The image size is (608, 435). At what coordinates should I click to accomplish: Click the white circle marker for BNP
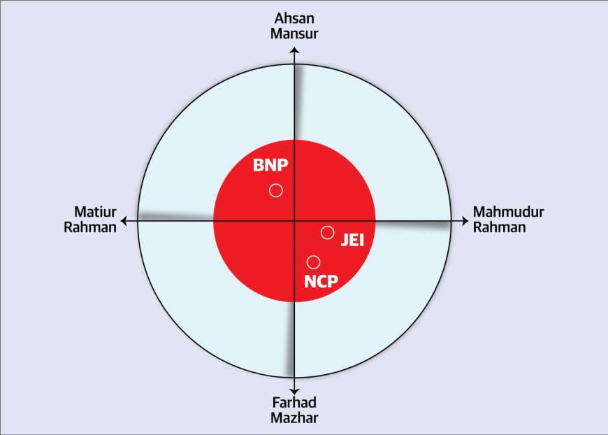coord(276,190)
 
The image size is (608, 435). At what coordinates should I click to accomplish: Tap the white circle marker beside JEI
coord(327,232)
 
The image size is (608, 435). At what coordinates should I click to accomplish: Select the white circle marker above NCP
coord(314,262)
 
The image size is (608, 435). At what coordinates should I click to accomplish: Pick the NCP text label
coord(321,282)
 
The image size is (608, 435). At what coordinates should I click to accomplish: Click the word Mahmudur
coord(509,212)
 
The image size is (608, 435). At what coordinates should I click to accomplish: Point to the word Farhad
coord(295,404)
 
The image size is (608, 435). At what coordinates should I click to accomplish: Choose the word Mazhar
coord(295,418)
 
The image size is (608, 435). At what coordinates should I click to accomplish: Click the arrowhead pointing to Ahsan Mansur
coord(295,50)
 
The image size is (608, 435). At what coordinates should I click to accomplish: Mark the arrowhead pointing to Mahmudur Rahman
coord(464,221)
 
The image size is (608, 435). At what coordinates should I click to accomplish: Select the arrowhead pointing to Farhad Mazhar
coord(295,392)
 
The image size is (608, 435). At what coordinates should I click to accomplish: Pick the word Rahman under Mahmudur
coord(499,227)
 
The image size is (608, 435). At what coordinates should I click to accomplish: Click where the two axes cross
coord(295,221)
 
